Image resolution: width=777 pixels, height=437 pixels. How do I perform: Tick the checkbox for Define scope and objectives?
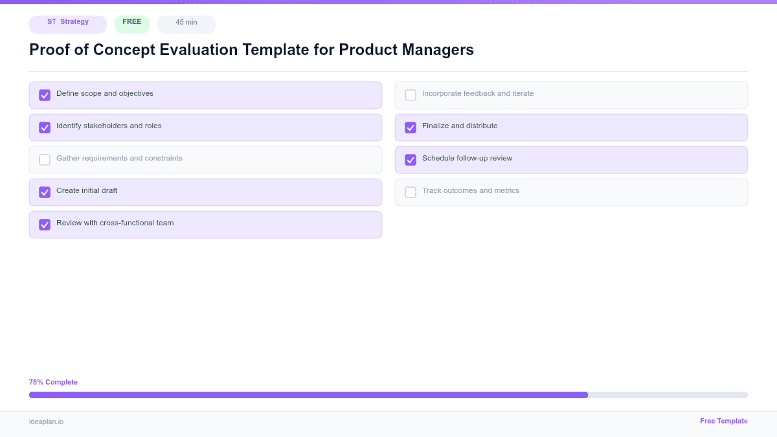coord(45,95)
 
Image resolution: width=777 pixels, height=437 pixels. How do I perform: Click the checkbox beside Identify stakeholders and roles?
coord(45,128)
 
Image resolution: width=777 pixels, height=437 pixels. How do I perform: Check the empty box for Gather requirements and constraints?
coord(45,160)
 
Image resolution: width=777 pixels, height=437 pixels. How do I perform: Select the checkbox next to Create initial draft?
coord(45,192)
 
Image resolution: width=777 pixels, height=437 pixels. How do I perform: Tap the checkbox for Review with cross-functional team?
coord(45,225)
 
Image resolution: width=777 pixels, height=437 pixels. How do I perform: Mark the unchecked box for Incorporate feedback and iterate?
coord(411,95)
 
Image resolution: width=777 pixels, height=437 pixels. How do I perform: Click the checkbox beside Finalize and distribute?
coord(411,128)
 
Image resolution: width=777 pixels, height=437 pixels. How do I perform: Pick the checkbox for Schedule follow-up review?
coord(411,160)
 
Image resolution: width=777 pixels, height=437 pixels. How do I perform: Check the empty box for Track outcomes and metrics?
coord(411,192)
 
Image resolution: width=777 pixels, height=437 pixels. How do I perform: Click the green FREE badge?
coord(132,23)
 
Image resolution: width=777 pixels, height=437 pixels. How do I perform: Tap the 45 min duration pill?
coord(186,23)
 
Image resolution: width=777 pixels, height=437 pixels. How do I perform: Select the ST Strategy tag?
coord(68,23)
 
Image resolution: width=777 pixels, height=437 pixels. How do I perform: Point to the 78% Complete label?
coord(53,382)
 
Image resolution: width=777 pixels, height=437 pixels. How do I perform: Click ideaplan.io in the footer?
coord(46,421)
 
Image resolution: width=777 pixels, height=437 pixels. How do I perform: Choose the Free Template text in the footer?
coord(723,421)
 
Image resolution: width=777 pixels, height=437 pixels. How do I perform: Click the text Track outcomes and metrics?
coord(471,190)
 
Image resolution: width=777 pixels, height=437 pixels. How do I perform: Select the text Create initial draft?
coord(87,190)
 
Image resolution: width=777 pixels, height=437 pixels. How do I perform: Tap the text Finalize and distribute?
coord(460,126)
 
